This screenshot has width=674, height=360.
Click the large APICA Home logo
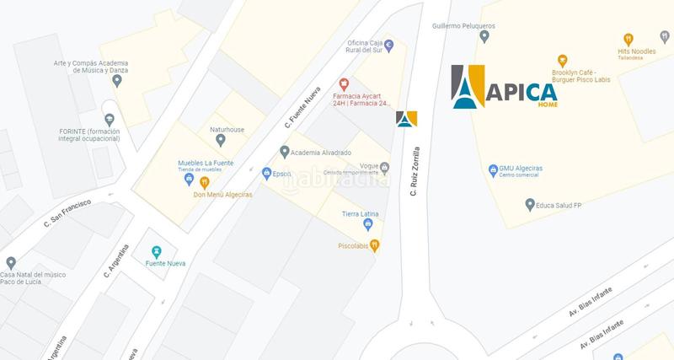(x=504, y=88)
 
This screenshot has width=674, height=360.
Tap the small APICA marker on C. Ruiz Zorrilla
(x=407, y=119)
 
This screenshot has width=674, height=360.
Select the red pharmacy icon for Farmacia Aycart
(x=344, y=83)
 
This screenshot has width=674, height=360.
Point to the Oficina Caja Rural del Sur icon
(x=388, y=44)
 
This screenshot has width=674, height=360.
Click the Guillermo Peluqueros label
(x=463, y=26)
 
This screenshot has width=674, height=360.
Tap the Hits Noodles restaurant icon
(x=628, y=39)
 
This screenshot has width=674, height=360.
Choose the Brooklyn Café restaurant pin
(x=562, y=60)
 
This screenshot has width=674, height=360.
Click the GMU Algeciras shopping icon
(x=493, y=169)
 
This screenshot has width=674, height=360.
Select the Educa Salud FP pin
(x=529, y=204)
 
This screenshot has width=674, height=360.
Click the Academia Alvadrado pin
(x=285, y=152)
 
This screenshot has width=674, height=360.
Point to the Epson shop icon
(x=266, y=173)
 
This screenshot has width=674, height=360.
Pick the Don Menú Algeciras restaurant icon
(x=204, y=182)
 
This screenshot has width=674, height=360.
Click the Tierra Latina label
(x=363, y=214)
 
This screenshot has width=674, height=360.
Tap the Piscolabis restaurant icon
(x=375, y=245)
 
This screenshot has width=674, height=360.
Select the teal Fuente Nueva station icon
(x=156, y=251)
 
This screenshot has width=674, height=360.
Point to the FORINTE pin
(x=109, y=120)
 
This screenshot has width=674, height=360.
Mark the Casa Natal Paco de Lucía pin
(x=11, y=262)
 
